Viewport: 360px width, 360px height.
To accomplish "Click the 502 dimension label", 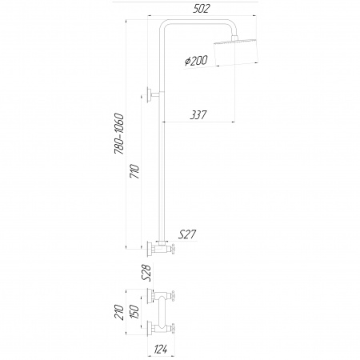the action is click(x=202, y=9).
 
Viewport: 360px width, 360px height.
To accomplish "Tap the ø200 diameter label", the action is click(x=196, y=61).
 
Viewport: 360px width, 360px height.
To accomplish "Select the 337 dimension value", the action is click(x=198, y=115).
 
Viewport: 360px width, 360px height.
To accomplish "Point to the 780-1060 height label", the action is click(x=119, y=134).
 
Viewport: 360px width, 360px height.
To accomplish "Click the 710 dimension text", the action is click(x=134, y=171).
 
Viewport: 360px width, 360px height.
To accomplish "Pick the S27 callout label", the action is click(x=186, y=234).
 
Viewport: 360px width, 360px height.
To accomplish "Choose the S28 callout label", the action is click(x=146, y=273).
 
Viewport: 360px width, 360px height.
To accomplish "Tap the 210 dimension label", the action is click(x=119, y=312).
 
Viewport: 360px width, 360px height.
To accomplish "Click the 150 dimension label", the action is click(x=134, y=311).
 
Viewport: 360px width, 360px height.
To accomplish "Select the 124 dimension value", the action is click(x=161, y=349).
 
